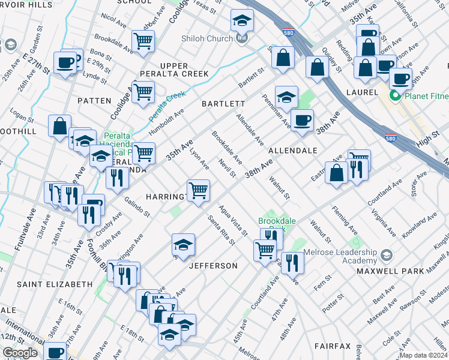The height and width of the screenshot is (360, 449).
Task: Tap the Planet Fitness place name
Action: [423, 95]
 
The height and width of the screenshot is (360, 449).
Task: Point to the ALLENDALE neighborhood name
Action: [292, 151]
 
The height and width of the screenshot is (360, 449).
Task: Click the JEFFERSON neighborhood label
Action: [214, 265]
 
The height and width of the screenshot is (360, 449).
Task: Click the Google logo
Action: [20, 353]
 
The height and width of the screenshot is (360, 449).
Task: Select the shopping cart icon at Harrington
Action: [198, 191]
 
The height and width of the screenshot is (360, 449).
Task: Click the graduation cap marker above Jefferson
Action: [183, 244]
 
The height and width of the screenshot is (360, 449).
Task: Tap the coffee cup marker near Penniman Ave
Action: [302, 119]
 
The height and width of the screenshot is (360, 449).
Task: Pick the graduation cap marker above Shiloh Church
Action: [242, 20]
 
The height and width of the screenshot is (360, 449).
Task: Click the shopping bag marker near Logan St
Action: [59, 126]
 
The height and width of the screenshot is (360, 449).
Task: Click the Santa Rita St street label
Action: [220, 230]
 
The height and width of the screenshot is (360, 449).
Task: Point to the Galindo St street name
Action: [137, 207]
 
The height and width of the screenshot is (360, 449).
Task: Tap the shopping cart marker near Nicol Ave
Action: [143, 41]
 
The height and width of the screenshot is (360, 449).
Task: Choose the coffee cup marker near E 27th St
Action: [64, 62]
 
